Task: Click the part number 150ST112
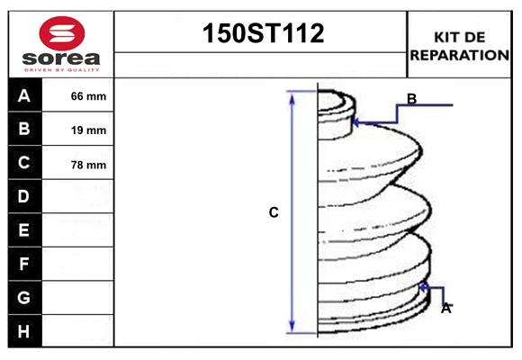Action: tap(261, 34)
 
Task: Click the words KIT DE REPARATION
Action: tap(460, 46)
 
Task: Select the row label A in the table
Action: tap(24, 95)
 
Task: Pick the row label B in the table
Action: tap(24, 129)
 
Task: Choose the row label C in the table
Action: tap(24, 163)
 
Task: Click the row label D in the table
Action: tap(24, 196)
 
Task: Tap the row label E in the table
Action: tap(24, 230)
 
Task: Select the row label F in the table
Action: tap(24, 264)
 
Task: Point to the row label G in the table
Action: tap(24, 297)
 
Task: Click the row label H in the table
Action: tap(24, 331)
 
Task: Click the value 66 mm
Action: tap(88, 96)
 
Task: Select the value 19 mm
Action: tap(88, 130)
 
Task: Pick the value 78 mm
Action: tap(88, 165)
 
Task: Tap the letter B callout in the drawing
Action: tap(411, 99)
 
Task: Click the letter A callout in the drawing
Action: tap(445, 308)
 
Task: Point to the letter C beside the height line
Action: tap(274, 213)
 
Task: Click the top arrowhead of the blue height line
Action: tap(292, 94)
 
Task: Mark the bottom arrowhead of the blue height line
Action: tap(292, 328)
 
